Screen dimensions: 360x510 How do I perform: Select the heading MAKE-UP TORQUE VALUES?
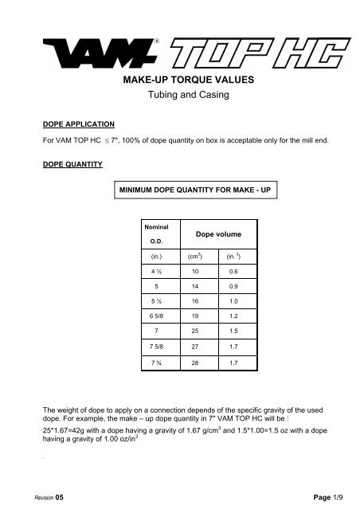[x=179, y=81]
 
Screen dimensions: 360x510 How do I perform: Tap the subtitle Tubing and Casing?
[x=179, y=98]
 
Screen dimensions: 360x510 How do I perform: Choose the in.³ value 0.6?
[x=234, y=272]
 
